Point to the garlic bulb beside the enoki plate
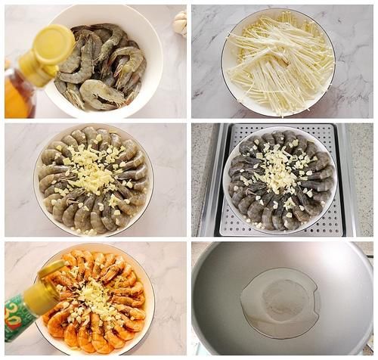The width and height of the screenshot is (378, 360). tap(180, 23)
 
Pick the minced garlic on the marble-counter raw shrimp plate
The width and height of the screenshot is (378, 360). tap(91, 178)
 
